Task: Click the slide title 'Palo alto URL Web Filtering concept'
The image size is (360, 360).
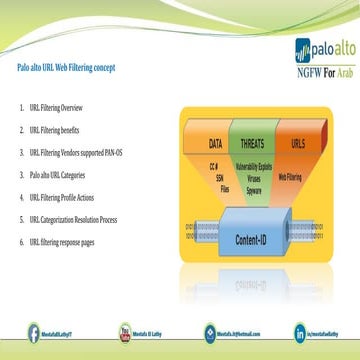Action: coord(66,68)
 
